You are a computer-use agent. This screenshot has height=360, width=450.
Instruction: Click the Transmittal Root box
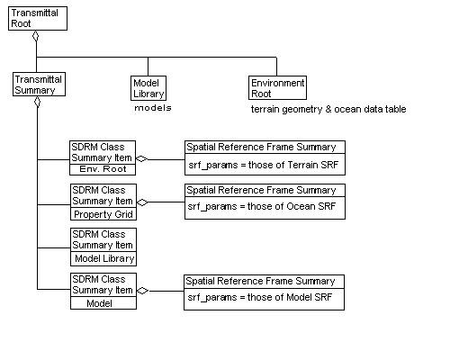36,19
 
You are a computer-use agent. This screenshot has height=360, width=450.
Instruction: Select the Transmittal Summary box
37,85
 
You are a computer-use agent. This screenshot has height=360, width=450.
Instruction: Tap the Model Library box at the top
148,87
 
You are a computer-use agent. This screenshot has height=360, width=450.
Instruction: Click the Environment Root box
276,87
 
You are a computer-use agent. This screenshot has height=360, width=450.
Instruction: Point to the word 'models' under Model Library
152,108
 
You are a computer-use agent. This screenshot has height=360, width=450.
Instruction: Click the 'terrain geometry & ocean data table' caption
328,109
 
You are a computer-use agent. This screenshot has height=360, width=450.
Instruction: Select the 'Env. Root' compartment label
103,168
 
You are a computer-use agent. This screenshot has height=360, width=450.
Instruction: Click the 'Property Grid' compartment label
103,213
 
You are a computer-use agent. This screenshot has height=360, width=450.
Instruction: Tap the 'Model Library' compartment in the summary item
103,258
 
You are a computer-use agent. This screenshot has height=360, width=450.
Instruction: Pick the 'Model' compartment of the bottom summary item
103,303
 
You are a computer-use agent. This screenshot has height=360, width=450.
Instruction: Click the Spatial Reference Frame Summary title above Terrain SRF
263,147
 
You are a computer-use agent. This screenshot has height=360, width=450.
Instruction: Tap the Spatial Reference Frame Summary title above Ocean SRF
263,191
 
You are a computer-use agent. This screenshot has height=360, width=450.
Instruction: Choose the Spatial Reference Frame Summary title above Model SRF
263,281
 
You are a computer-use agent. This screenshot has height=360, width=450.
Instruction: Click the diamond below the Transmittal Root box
36,37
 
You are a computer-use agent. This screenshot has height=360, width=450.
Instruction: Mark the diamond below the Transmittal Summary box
37,102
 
